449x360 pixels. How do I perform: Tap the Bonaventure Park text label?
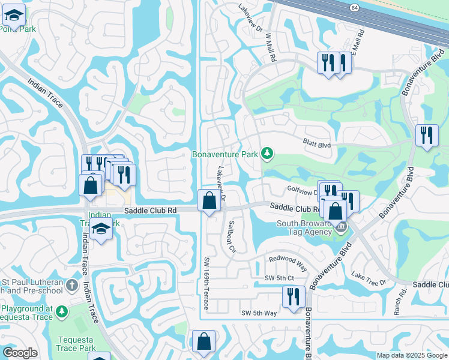click(x=225, y=154)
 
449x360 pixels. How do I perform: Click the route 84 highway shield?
click(x=355, y=7)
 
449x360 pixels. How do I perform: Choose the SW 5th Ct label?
click(x=279, y=278)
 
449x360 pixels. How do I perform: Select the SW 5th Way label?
click(x=259, y=313)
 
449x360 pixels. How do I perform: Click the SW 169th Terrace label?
click(x=205, y=283)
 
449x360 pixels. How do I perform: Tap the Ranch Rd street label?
click(x=397, y=295)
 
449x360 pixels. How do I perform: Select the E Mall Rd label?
click(x=359, y=42)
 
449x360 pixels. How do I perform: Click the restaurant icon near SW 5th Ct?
click(x=294, y=297)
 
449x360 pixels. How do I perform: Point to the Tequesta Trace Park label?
click(x=76, y=344)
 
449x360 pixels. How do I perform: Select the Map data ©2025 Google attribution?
click(x=412, y=355)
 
